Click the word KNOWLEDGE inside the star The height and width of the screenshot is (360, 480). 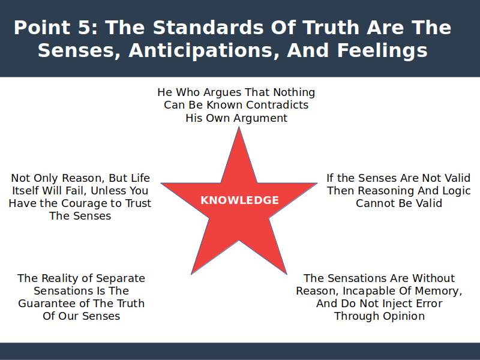pyautogui.click(x=239, y=200)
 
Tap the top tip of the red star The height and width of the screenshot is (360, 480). pyautogui.click(x=239, y=127)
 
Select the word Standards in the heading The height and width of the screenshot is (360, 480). pyautogui.click(x=208, y=28)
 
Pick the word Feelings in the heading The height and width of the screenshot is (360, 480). pyautogui.click(x=382, y=50)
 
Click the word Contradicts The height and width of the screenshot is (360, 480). pyautogui.click(x=277, y=105)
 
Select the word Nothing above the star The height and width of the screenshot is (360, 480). pyautogui.click(x=294, y=92)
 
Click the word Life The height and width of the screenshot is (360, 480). pyautogui.click(x=140, y=178)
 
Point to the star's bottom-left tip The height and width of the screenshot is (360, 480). pyautogui.click(x=191, y=274)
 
